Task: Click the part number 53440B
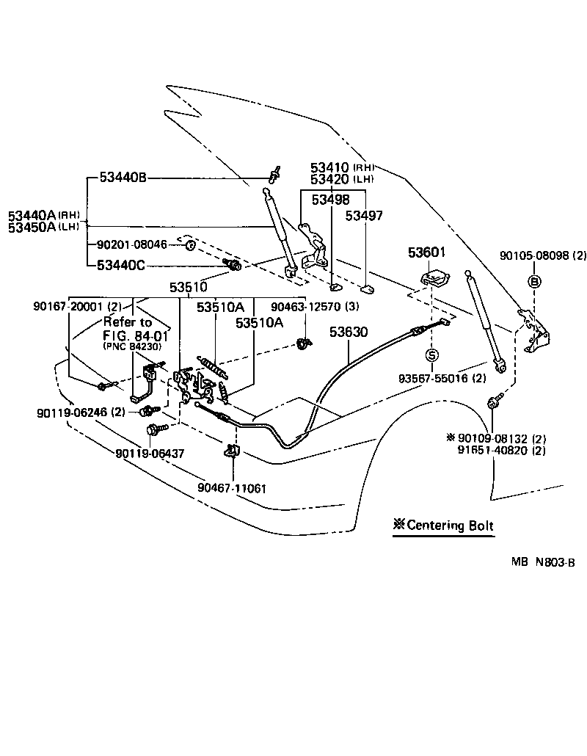(123, 178)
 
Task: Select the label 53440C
(123, 265)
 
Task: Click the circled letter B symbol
(534, 281)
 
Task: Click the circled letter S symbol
(431, 356)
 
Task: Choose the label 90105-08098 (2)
(544, 256)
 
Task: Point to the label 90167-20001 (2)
(77, 306)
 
